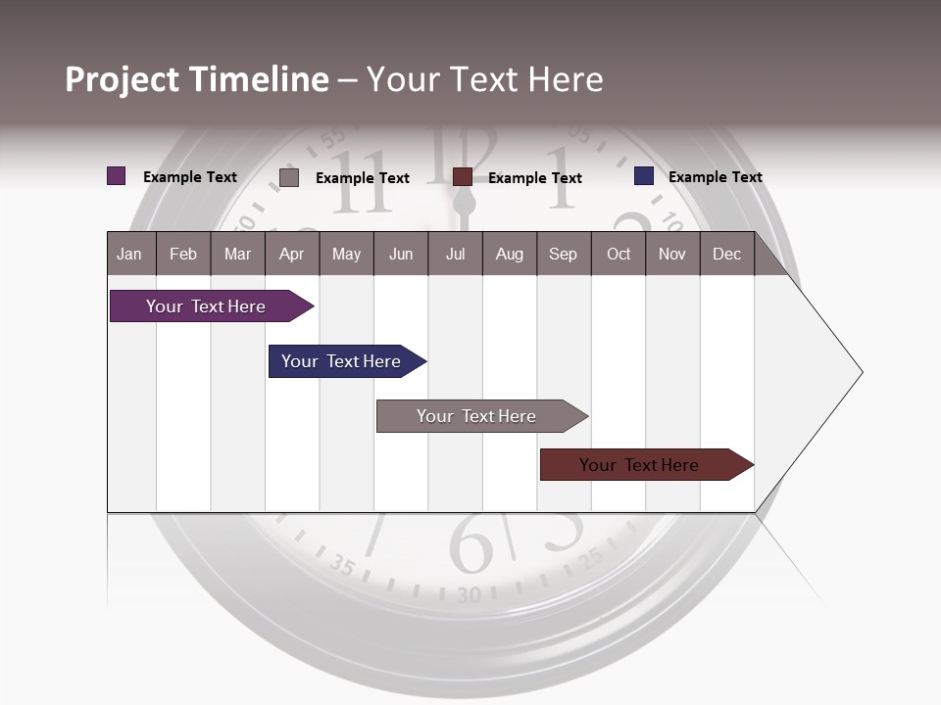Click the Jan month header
pos(129,255)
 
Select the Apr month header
pos(291,255)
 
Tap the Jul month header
pos(455,255)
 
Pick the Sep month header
pos(563,255)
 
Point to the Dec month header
pos(726,255)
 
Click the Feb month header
pos(183,255)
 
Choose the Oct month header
pos(619,255)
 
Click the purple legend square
pos(117,176)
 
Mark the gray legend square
pos(289,177)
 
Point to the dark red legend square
pos(463,177)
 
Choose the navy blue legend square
pos(644,176)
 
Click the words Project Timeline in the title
pos(197,79)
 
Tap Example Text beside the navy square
pos(715,177)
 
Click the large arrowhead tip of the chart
pos(855,372)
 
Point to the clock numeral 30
pos(470,594)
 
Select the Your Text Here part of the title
pos(485,79)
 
